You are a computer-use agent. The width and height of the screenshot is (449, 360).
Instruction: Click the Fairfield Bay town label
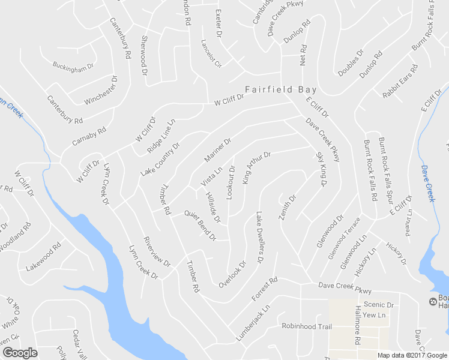click(x=281, y=90)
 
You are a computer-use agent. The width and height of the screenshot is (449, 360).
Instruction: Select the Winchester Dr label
click(x=101, y=91)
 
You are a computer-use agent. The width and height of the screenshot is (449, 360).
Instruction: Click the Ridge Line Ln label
click(x=161, y=136)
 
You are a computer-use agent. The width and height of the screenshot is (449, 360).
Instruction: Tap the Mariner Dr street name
click(x=218, y=151)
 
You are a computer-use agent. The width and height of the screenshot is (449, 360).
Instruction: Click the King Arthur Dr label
click(x=257, y=167)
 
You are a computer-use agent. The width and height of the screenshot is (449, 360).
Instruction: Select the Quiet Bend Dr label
click(x=200, y=225)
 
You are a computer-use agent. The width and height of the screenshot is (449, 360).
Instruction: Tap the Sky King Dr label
click(x=320, y=170)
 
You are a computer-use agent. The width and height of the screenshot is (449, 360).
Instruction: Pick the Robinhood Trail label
click(x=307, y=326)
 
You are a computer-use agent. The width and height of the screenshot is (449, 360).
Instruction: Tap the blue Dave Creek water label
click(x=428, y=183)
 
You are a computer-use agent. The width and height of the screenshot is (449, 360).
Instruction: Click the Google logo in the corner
click(x=20, y=352)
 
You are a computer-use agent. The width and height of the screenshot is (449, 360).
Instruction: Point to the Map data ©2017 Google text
click(x=412, y=355)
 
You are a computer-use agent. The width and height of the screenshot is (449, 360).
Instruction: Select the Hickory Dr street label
click(x=396, y=254)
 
